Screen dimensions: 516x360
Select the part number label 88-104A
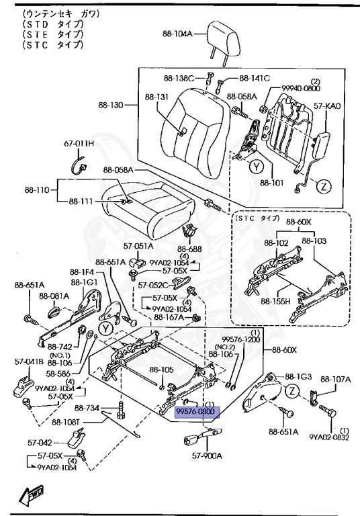point(177,33)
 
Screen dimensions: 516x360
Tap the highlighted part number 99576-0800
point(197,411)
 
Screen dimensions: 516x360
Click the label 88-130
point(111,105)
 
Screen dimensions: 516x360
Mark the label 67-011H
point(79,143)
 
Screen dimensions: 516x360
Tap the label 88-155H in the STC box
point(275,300)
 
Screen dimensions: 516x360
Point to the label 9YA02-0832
point(330,437)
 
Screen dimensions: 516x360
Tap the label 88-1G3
point(298,376)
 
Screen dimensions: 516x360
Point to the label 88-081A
point(54,295)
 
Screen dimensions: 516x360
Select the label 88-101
point(272,183)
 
